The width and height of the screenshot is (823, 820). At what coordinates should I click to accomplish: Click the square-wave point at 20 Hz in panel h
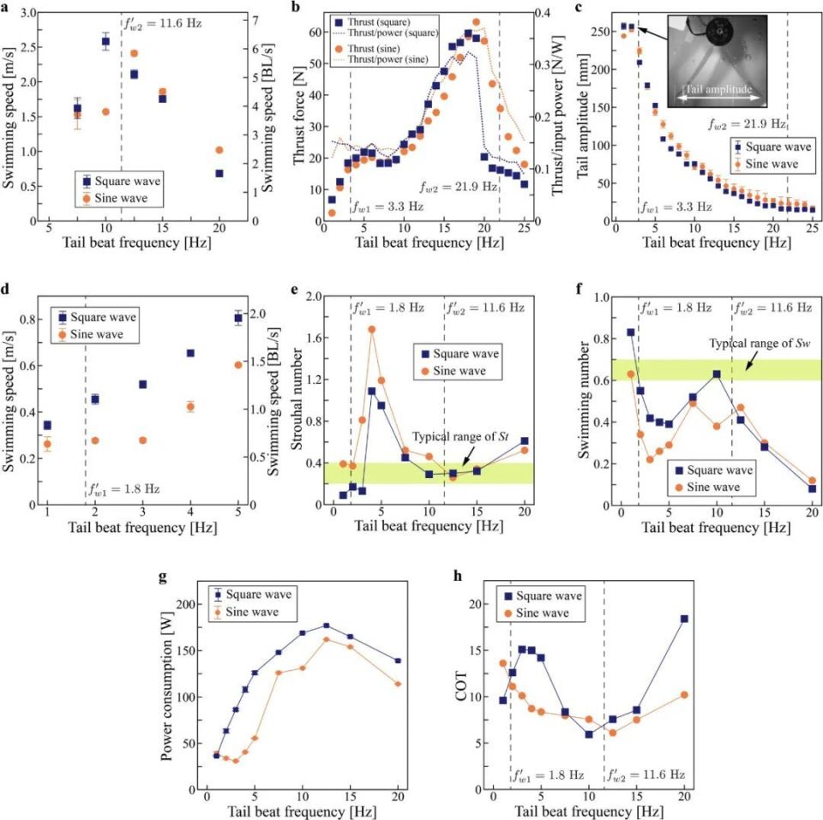point(684,619)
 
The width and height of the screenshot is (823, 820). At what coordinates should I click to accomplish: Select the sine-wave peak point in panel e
point(372,329)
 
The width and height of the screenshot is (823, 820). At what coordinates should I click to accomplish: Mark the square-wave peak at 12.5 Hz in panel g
point(326,626)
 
